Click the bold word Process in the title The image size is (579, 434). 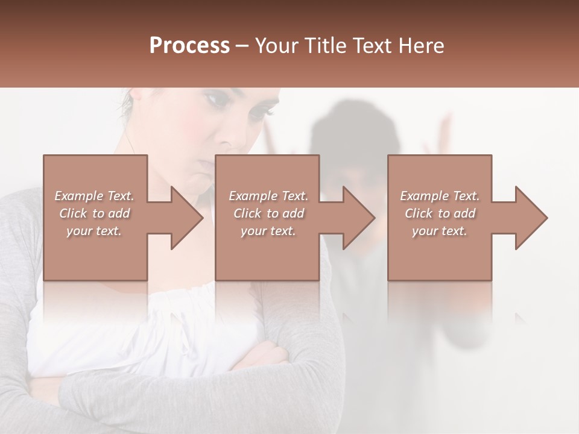tap(189, 46)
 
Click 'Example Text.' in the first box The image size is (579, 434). tap(94, 196)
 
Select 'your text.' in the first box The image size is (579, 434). tap(94, 231)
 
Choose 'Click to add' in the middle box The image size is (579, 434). tap(268, 213)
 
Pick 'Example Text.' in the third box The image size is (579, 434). tap(440, 196)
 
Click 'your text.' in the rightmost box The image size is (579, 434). tap(440, 231)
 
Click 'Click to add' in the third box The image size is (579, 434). tap(440, 213)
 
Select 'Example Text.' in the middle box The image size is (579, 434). tap(268, 196)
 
